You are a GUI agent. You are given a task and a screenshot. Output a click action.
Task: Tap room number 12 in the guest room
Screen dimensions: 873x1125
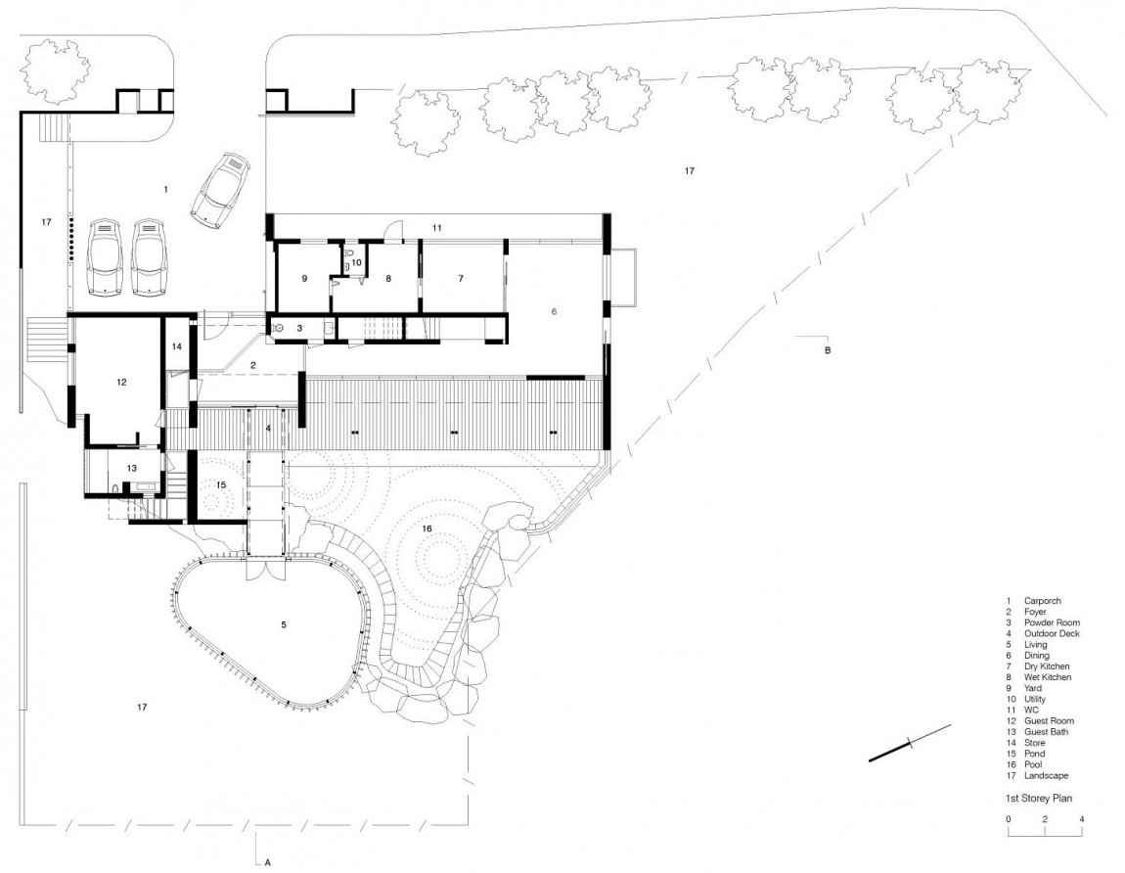tap(121, 383)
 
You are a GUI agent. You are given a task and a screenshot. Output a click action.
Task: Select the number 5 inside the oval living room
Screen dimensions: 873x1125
tap(285, 623)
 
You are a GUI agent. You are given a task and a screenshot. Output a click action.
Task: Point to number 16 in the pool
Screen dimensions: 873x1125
tap(427, 528)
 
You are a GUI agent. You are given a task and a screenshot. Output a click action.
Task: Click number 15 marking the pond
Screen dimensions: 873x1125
tap(221, 484)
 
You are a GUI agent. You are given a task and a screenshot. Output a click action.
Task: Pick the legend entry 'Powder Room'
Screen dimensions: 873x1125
tap(1052, 622)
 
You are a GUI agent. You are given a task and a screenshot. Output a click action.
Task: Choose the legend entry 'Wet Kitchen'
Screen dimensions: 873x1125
tap(1047, 677)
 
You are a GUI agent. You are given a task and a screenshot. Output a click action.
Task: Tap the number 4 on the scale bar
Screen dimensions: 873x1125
tap(1082, 818)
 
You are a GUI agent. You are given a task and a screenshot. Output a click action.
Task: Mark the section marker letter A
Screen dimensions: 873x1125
tap(266, 862)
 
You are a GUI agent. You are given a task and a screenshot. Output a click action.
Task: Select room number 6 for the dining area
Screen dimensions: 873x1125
tap(554, 311)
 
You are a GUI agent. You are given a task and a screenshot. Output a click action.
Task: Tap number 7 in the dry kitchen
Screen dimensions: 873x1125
tap(460, 279)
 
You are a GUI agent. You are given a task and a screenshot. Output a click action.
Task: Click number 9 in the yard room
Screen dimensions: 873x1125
tap(304, 279)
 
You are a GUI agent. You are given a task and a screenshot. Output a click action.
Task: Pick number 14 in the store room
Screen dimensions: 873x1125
tap(177, 346)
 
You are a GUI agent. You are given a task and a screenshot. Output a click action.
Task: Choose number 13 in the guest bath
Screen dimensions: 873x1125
tap(132, 468)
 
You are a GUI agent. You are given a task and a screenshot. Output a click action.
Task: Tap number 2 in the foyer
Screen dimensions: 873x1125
tap(252, 365)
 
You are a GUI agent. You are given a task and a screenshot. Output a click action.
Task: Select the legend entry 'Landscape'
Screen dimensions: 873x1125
tap(1047, 776)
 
